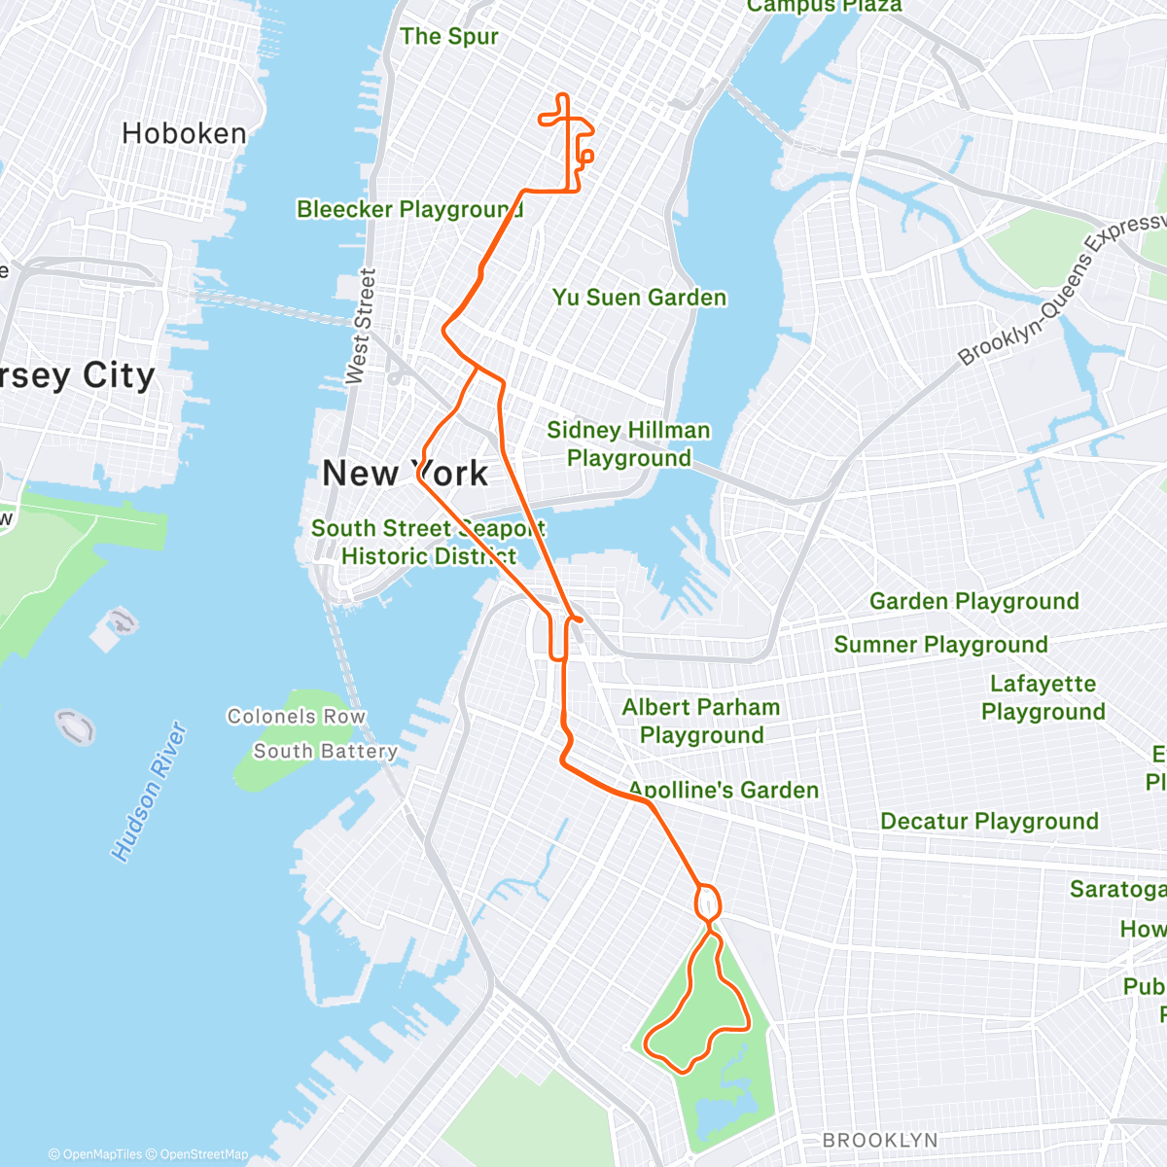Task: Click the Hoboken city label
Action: (184, 133)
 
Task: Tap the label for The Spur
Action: (448, 37)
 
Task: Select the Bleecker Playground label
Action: (409, 209)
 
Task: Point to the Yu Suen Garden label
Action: (639, 298)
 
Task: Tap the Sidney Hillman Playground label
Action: (628, 443)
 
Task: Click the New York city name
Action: (405, 474)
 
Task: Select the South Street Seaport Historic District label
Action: (428, 542)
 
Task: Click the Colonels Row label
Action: (297, 717)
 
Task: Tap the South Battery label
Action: (326, 751)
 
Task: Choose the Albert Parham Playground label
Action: (701, 721)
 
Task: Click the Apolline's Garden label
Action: (724, 790)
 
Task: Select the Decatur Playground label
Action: (989, 821)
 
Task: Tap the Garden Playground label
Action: (973, 601)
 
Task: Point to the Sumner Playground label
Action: (940, 644)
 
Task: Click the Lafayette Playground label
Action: (1043, 697)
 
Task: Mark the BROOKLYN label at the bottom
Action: (880, 1140)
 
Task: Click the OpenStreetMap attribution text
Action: (203, 1154)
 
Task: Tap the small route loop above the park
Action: (708, 902)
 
